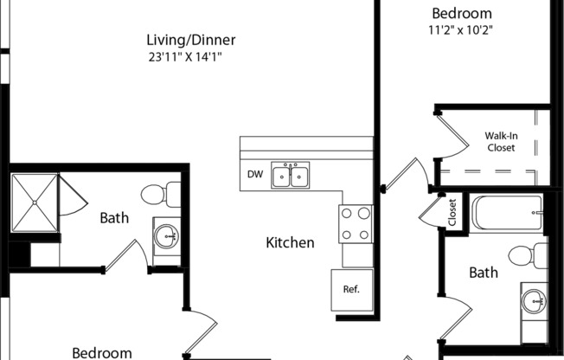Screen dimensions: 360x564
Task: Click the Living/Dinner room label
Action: click(x=192, y=40)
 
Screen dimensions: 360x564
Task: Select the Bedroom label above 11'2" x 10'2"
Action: click(x=462, y=13)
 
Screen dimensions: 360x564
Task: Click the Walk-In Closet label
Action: click(x=501, y=142)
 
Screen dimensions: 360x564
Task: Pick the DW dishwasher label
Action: click(x=254, y=174)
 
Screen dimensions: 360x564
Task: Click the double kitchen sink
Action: click(x=291, y=176)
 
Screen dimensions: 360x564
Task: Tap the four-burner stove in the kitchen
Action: click(x=356, y=223)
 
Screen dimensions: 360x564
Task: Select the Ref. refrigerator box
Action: click(x=351, y=289)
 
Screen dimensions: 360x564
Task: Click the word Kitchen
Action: click(x=290, y=242)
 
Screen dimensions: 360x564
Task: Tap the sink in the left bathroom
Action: click(x=166, y=234)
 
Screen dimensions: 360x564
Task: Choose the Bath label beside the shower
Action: click(x=114, y=217)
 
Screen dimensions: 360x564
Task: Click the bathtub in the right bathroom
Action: click(x=508, y=213)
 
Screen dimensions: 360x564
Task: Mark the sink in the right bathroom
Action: click(x=534, y=301)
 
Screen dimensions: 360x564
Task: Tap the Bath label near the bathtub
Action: click(x=484, y=273)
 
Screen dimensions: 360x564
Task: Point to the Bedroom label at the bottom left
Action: click(x=102, y=352)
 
